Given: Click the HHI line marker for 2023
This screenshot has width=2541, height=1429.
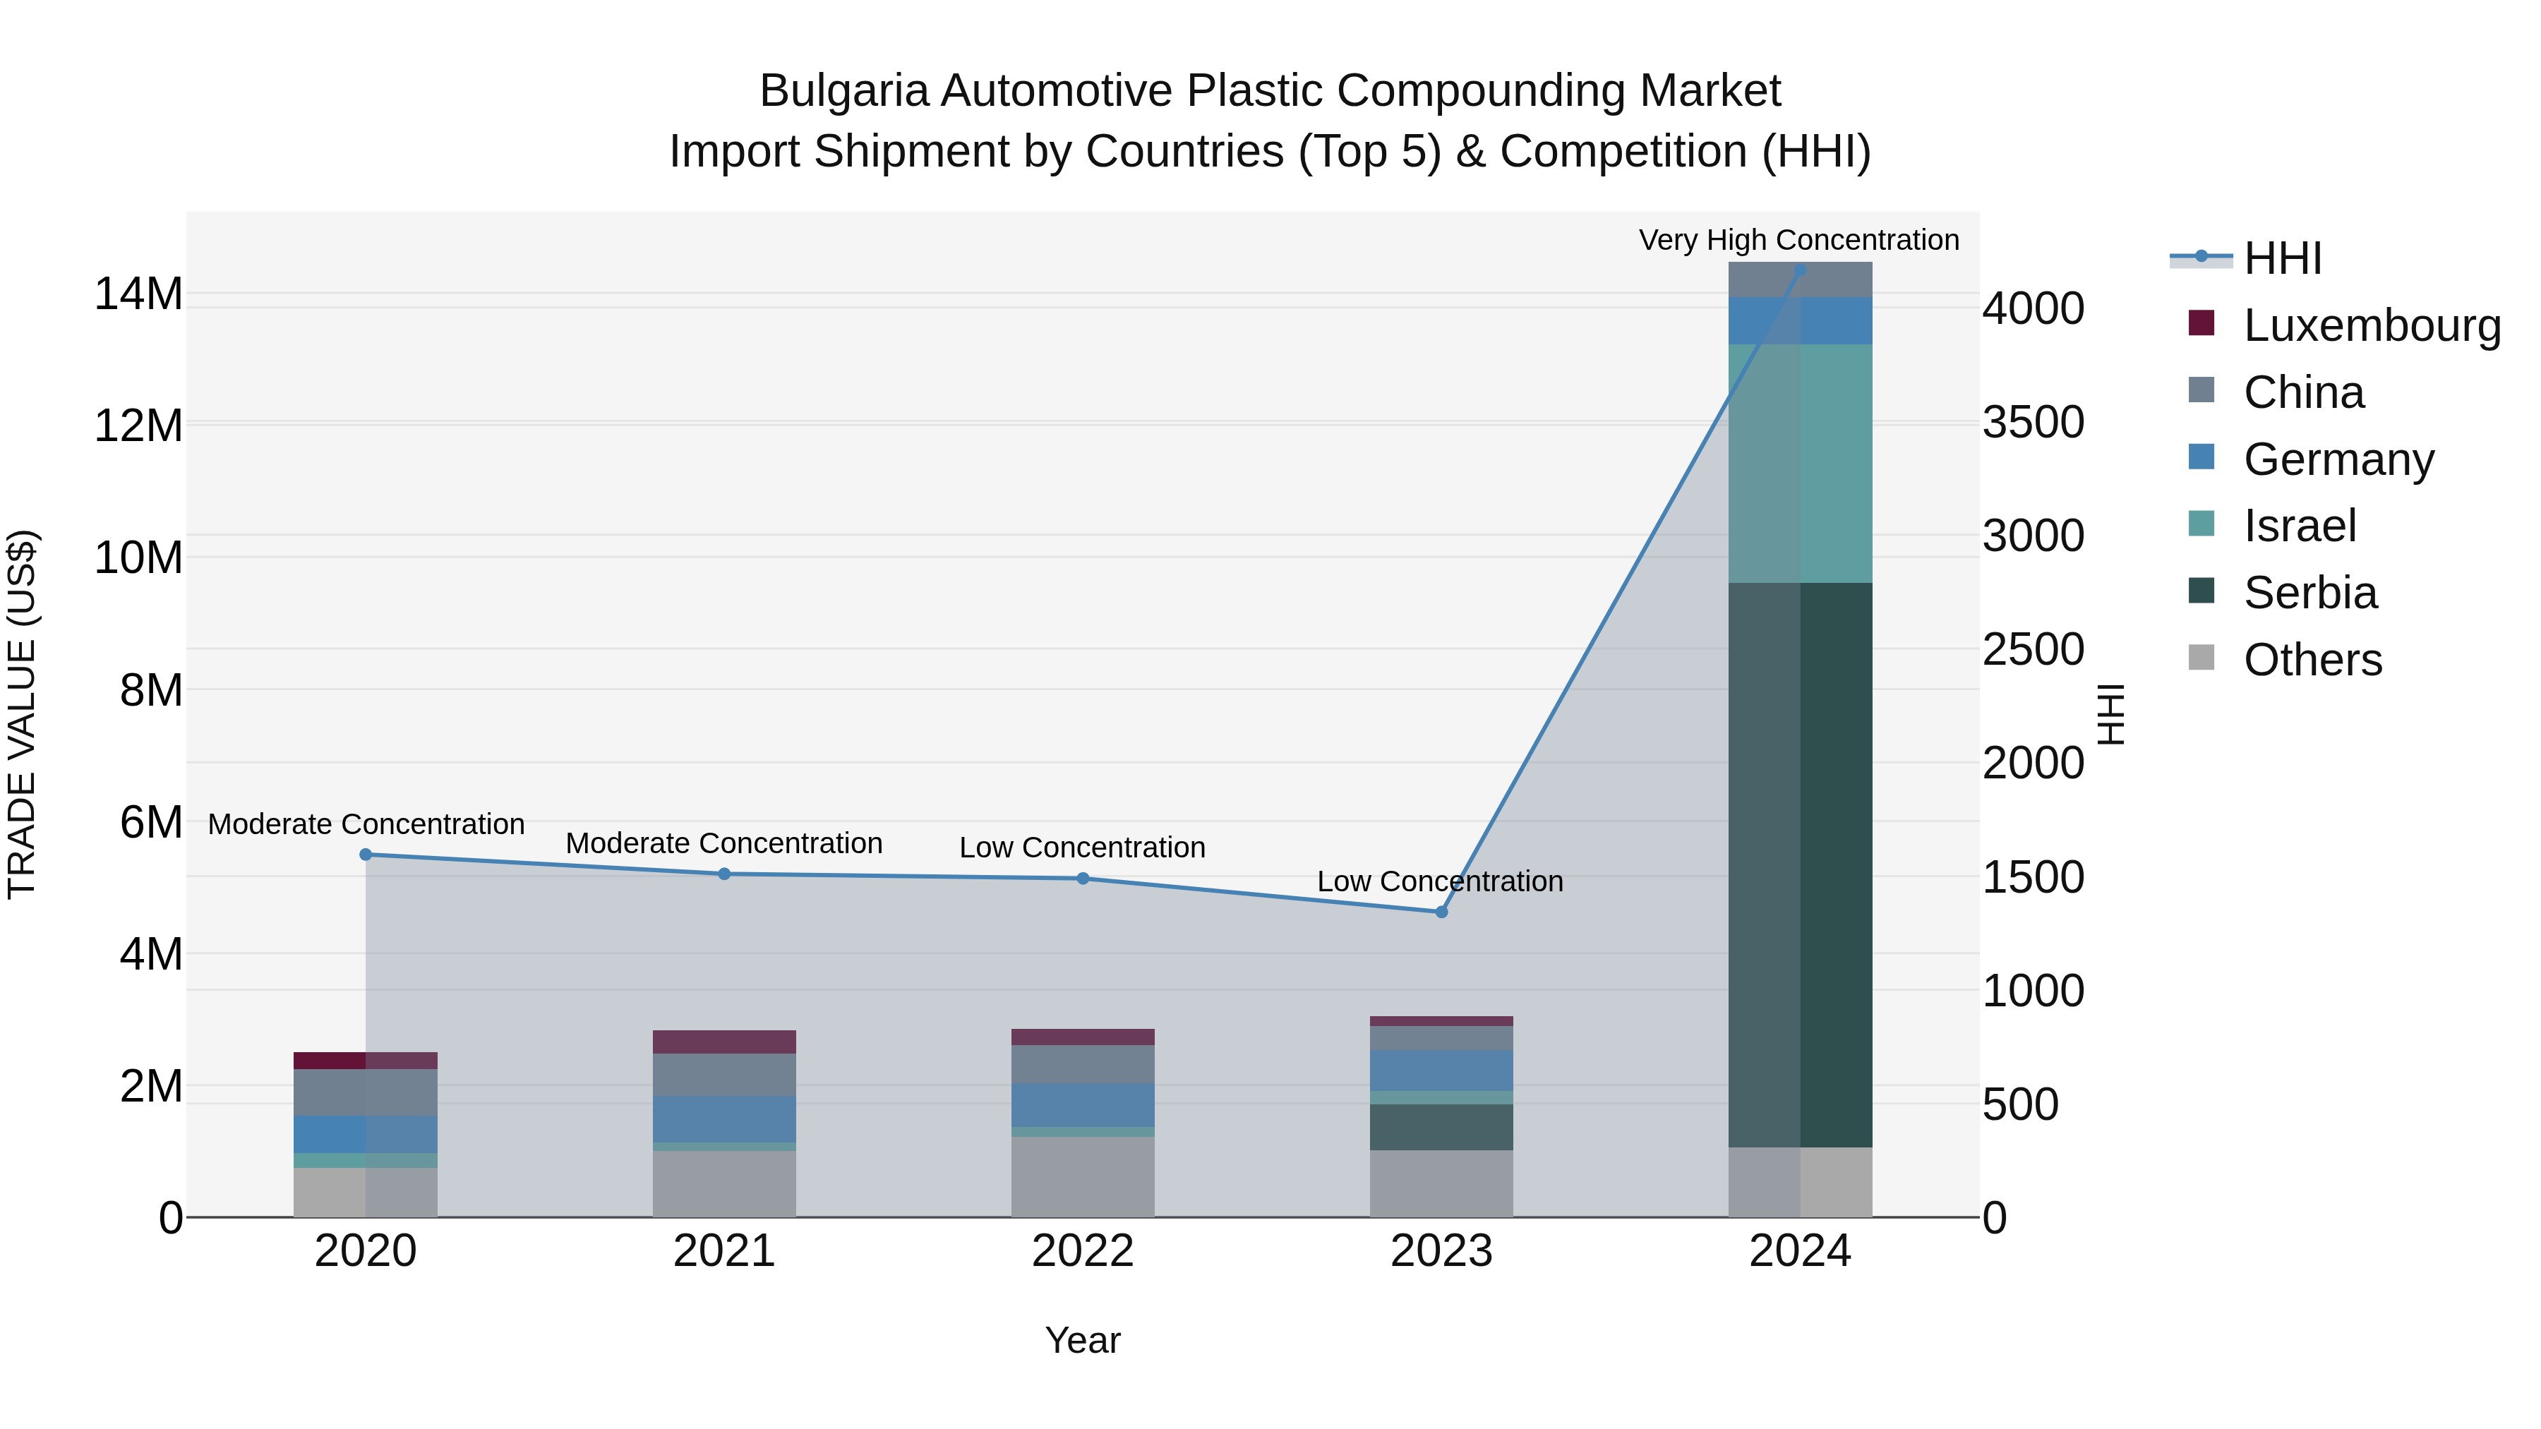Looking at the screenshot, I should pyautogui.click(x=1441, y=912).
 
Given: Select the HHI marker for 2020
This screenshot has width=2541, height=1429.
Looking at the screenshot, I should pyautogui.click(x=366, y=855).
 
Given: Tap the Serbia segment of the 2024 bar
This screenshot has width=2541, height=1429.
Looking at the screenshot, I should pyautogui.click(x=1800, y=865).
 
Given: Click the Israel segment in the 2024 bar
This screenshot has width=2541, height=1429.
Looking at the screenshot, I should pyautogui.click(x=1800, y=464).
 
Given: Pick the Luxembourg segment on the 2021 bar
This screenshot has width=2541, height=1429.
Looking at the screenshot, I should pyautogui.click(x=724, y=1042).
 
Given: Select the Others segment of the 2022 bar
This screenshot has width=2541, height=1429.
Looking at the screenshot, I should pyautogui.click(x=1082, y=1176).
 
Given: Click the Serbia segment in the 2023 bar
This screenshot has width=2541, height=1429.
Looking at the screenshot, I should pyautogui.click(x=1441, y=1127).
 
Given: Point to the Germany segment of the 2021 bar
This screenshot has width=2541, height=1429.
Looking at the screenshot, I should pyautogui.click(x=724, y=1119).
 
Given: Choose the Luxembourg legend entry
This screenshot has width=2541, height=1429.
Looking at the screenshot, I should pyautogui.click(x=2372, y=325).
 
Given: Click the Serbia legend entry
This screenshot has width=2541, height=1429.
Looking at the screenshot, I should pyautogui.click(x=2309, y=593).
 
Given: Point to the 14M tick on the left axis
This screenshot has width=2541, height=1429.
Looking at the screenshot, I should pyautogui.click(x=138, y=294).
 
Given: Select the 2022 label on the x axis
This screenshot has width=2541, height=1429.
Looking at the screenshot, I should pyautogui.click(x=1082, y=1251).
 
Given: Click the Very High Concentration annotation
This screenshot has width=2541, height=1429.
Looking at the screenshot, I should pyautogui.click(x=1798, y=240).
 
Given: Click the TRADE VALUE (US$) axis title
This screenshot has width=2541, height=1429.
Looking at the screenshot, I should pyautogui.click(x=22, y=714).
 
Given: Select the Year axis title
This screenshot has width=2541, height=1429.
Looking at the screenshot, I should pyautogui.click(x=1082, y=1340).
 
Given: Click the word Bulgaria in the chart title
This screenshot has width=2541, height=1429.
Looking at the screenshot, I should pyautogui.click(x=843, y=91).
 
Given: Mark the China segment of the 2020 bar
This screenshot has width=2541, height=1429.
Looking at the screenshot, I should pyautogui.click(x=366, y=1092).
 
